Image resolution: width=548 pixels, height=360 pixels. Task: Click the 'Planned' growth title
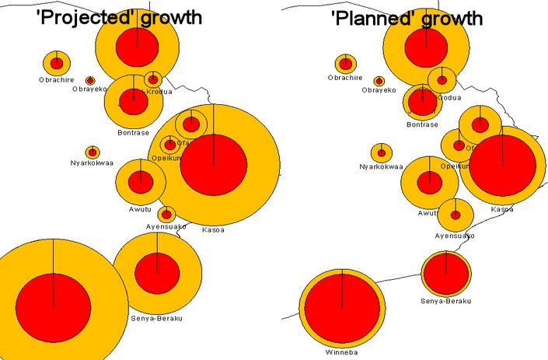407,18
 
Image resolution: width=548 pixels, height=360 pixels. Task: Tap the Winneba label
342,351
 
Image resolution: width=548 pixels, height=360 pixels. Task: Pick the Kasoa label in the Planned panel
501,208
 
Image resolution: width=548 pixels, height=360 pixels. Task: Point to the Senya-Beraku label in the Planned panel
445,301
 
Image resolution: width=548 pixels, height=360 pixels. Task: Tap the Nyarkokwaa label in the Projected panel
92,163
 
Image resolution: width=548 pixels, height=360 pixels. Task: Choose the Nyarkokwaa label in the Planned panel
380,166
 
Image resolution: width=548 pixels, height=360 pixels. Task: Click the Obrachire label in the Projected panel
57,79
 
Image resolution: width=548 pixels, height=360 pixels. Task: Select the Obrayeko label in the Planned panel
379,90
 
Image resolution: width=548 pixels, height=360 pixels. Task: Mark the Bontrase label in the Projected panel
133,133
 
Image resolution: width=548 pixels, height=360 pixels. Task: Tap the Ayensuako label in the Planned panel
455,235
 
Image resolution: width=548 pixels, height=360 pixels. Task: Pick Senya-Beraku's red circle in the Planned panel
446,273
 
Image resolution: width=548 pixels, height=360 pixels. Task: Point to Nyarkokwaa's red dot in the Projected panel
92,152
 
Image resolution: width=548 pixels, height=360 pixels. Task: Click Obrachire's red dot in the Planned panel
345,64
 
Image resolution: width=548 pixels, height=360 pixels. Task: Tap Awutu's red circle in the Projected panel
141,182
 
